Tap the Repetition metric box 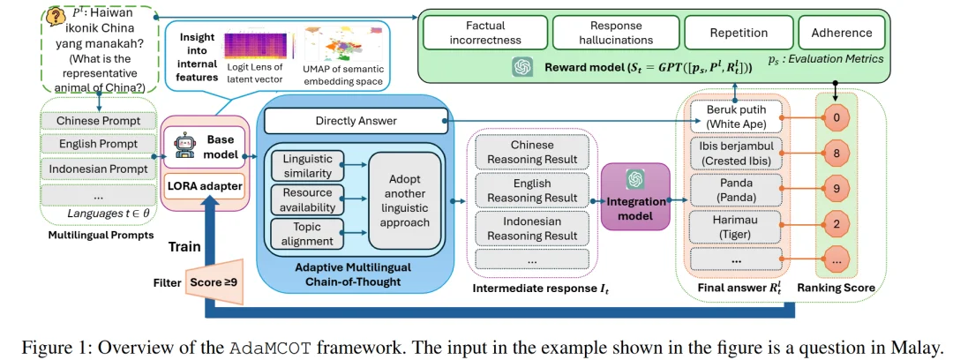click(739, 33)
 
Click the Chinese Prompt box click(97, 120)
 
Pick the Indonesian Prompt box click(97, 169)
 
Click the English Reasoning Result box click(532, 191)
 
